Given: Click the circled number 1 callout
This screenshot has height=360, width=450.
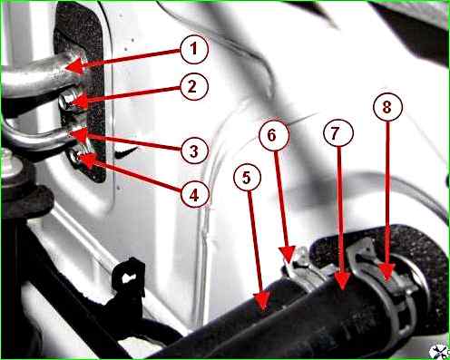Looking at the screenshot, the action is [x=194, y=50].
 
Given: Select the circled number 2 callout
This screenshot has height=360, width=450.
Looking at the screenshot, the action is [x=194, y=86].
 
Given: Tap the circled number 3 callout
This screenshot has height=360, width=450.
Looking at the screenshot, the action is [x=194, y=150].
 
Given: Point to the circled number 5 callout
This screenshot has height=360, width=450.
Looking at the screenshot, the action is [x=248, y=178].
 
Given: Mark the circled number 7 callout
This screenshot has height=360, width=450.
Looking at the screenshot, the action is [x=338, y=133].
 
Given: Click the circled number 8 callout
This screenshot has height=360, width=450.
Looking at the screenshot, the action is [x=387, y=106].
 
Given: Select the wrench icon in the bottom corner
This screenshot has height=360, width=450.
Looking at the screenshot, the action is [x=438, y=351].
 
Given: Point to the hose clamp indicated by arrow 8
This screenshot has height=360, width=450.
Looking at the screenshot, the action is [x=390, y=287].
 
